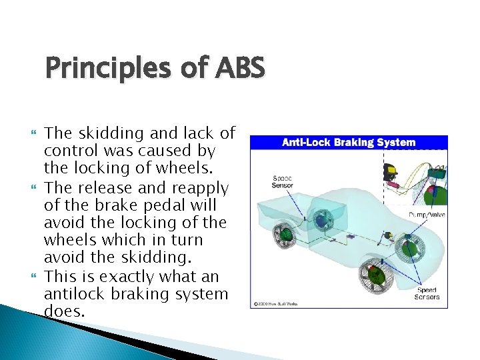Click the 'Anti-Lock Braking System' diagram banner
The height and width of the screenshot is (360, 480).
[349, 142]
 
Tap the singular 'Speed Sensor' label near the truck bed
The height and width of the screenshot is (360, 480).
[282, 181]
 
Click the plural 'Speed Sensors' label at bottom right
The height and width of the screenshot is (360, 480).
[428, 293]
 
